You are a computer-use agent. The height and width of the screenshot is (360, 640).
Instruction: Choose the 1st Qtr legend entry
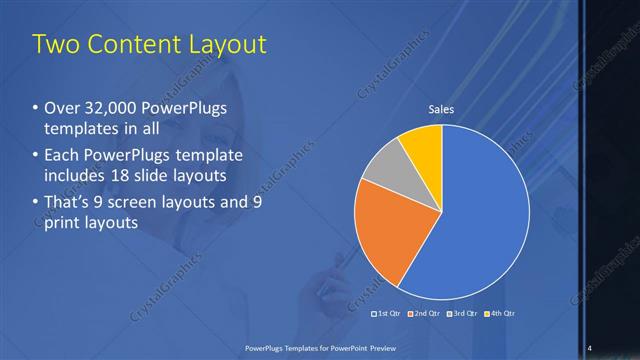387,314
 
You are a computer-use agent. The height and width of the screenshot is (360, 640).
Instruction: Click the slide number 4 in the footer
591,347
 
